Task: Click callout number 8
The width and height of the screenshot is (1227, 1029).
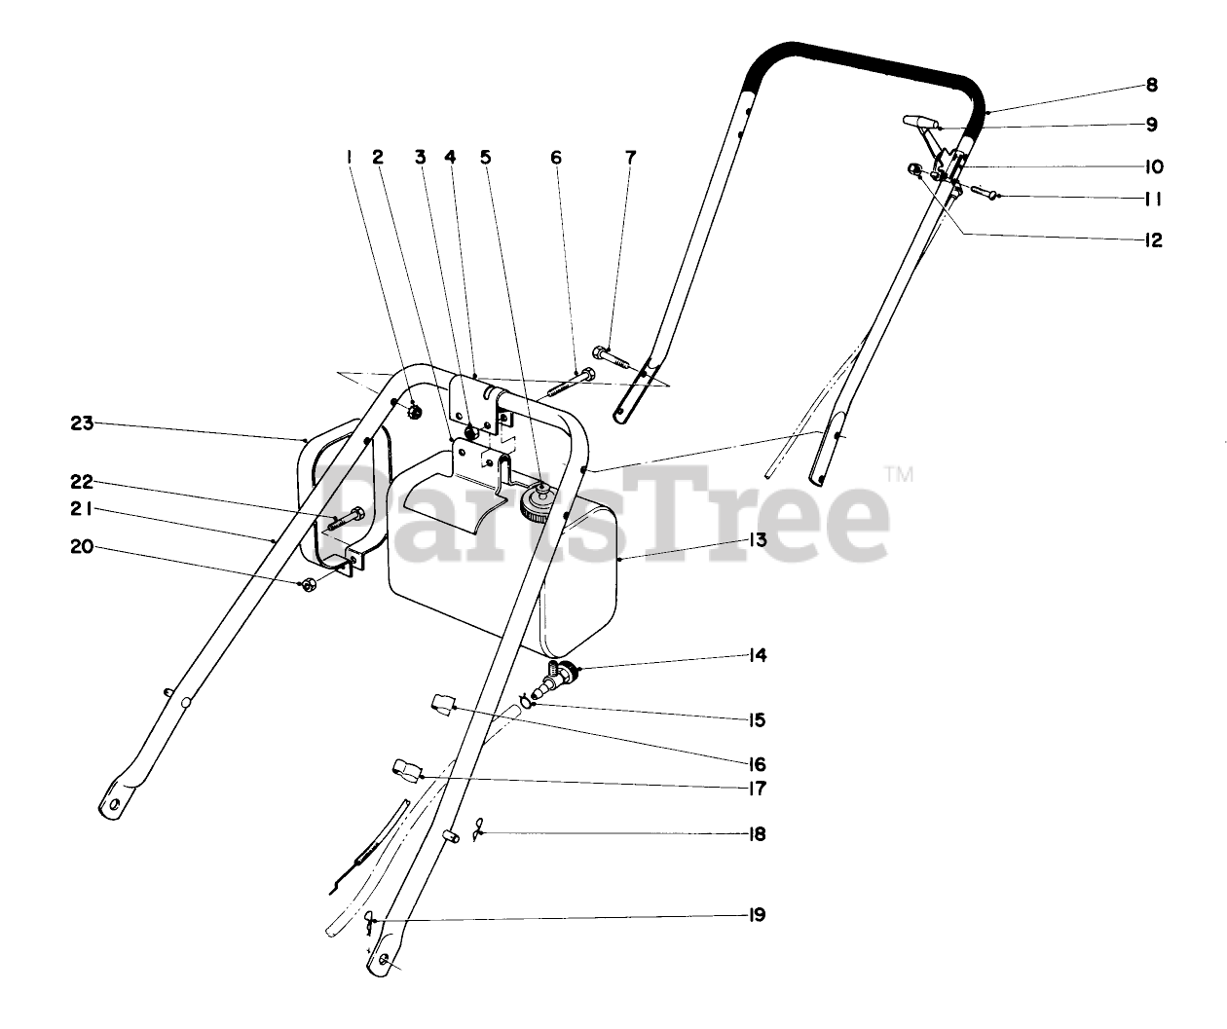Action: coord(1151,85)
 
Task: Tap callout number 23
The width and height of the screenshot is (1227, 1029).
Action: coord(81,423)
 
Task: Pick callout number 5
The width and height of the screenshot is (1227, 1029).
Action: coord(485,157)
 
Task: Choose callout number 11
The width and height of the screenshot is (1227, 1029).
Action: coord(1153,199)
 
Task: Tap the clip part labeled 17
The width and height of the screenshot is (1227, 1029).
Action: coord(406,770)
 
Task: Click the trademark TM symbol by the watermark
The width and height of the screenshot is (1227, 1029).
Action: coord(898,474)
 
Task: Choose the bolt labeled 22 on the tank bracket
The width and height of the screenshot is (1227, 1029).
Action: coord(343,519)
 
